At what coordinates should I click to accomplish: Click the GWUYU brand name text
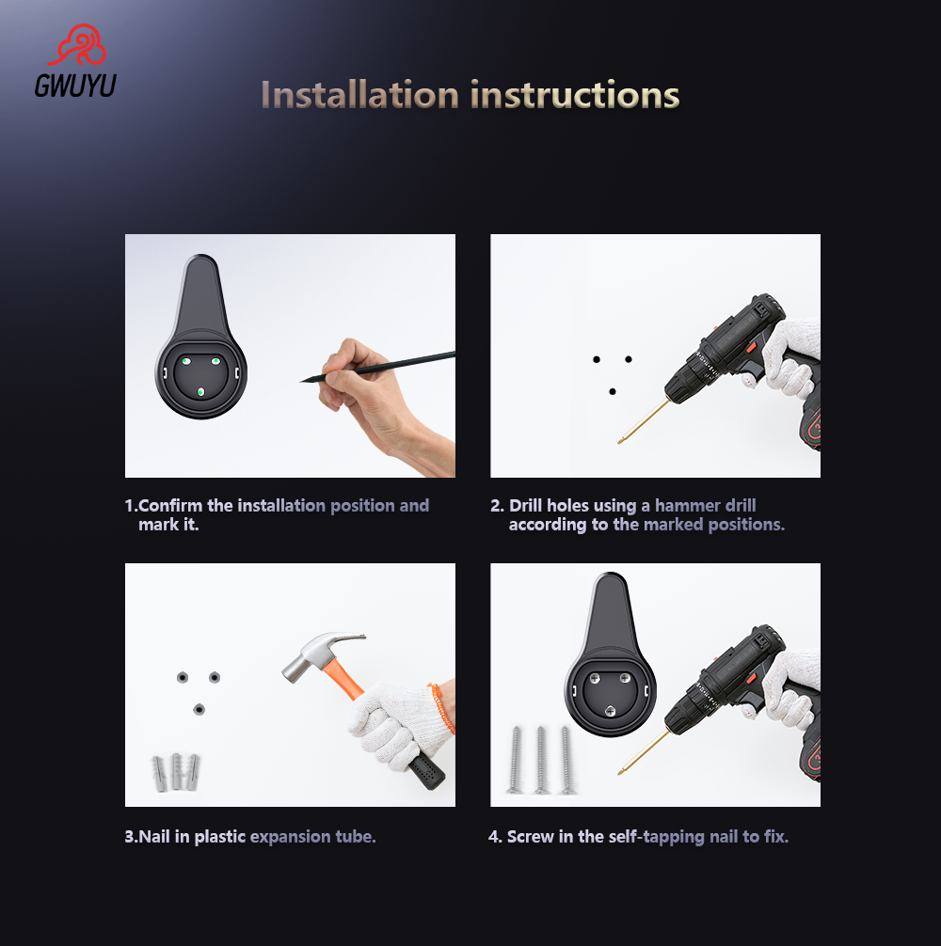click(74, 86)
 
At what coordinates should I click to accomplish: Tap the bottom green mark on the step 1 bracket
click(200, 392)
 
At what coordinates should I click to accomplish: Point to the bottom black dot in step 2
click(613, 391)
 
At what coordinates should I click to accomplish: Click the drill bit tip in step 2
click(621, 442)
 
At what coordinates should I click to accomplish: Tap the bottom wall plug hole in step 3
click(199, 708)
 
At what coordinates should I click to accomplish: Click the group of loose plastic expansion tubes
click(176, 772)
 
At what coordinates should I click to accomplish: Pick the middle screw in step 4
click(541, 760)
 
